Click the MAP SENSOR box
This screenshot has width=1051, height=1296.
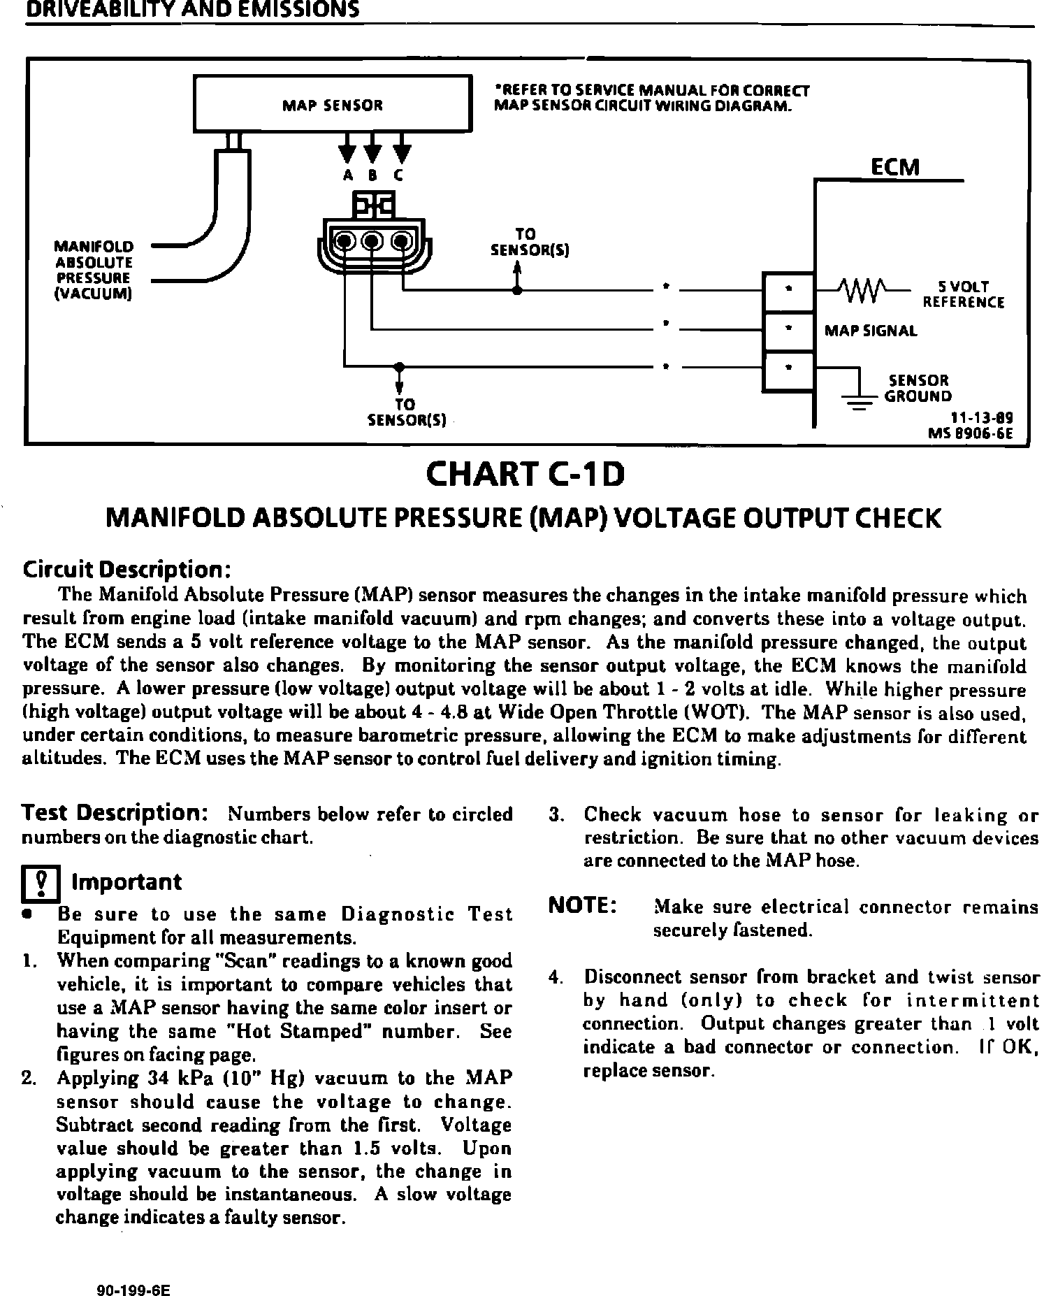[332, 105]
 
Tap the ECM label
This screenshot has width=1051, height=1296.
[895, 168]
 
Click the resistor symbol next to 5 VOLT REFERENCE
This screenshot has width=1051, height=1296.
[864, 289]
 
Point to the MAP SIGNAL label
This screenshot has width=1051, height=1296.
[871, 331]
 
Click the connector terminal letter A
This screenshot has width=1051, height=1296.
[347, 176]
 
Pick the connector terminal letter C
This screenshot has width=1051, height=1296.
[399, 176]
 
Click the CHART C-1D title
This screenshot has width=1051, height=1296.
[525, 475]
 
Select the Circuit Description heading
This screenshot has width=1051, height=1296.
[126, 569]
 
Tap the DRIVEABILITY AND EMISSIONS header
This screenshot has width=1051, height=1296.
[193, 10]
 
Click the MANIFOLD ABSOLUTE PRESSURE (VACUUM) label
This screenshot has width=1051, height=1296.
[94, 270]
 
